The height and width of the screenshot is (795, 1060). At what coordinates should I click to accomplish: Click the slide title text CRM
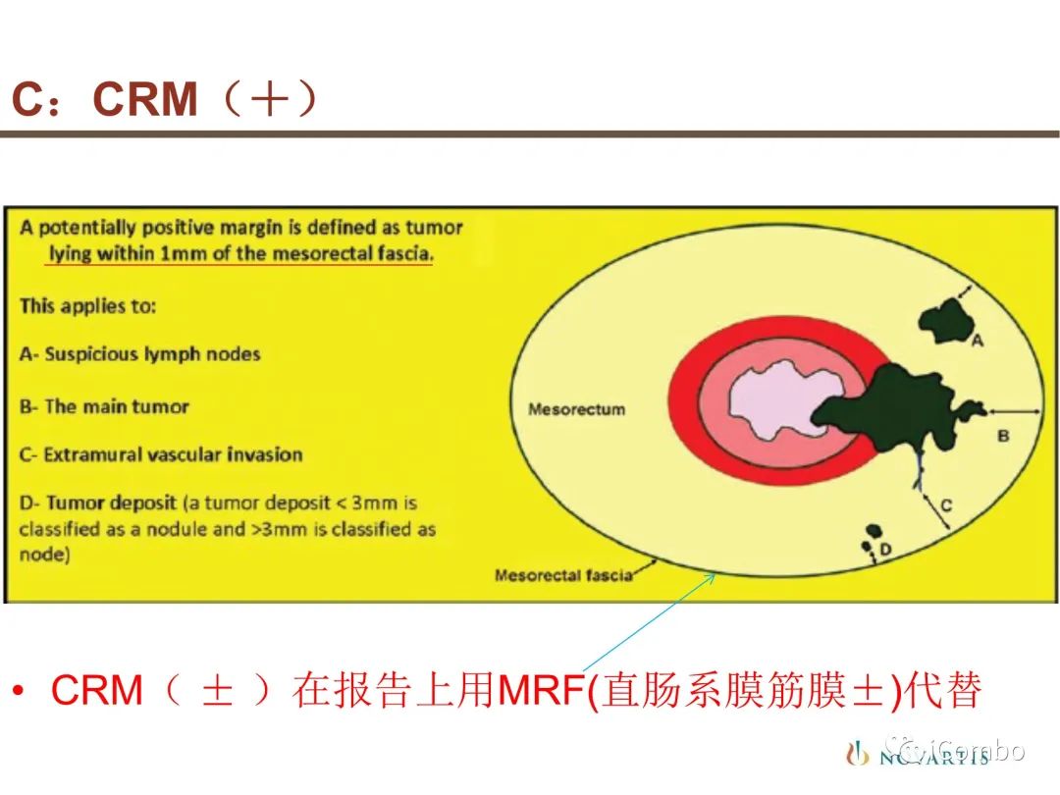pos(144,99)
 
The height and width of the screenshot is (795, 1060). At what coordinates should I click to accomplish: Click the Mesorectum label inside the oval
pos(577,409)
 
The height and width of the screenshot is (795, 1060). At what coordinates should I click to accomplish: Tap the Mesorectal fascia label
pos(563,575)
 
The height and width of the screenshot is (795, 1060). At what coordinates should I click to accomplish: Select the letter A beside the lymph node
pos(977,341)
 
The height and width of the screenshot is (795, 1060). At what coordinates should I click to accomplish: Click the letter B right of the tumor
pos(1003,436)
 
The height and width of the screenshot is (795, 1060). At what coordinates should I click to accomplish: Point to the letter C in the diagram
pos(946,505)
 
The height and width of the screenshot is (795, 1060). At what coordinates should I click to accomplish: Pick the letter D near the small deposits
pos(885,549)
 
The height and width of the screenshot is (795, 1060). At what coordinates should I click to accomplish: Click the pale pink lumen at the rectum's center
pos(777,400)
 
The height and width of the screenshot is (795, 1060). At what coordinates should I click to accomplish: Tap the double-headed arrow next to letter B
pos(1014,410)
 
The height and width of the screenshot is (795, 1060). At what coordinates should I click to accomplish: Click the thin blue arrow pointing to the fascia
pos(649,622)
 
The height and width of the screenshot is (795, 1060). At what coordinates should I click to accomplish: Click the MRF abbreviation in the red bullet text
pos(542,690)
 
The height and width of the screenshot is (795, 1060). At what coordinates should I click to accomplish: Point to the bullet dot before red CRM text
pos(19,691)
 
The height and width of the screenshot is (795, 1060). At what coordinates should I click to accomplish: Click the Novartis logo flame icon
pos(857,753)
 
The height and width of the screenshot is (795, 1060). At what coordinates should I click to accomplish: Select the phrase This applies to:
pos(88,306)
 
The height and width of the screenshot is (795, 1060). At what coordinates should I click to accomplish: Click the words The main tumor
pos(116,406)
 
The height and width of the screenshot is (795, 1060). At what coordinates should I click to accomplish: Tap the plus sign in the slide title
pos(269,99)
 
